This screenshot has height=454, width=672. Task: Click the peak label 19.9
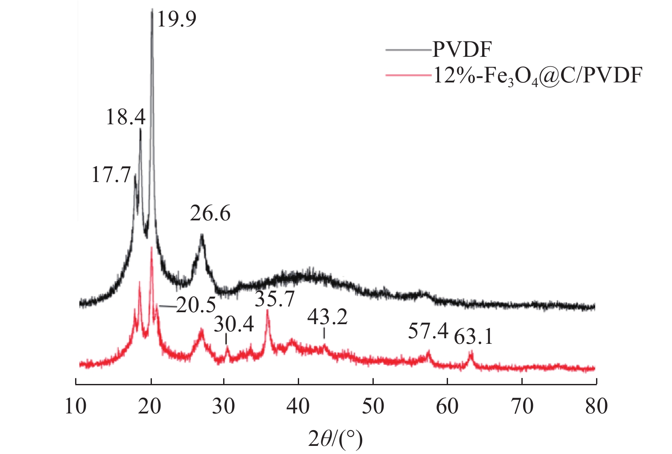177,19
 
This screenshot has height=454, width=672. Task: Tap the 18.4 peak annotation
125,117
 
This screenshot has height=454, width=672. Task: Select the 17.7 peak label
111,175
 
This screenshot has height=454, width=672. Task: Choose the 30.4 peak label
234,325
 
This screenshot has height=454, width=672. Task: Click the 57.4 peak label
428,331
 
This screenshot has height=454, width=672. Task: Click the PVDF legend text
462,50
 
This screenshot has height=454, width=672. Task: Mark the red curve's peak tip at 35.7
268,310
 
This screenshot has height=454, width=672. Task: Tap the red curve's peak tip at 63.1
471,351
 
